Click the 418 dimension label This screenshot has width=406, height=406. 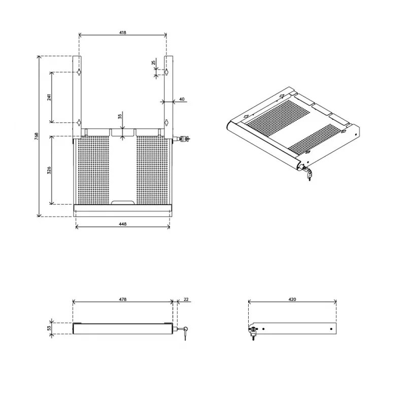[x=123, y=32]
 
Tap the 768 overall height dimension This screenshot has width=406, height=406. [x=37, y=136]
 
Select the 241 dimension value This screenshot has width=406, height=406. [x=49, y=97]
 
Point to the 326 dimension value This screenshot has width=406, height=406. [x=49, y=170]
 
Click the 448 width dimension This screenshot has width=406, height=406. [x=123, y=224]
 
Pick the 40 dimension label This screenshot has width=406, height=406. [x=182, y=99]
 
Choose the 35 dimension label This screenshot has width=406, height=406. [x=120, y=116]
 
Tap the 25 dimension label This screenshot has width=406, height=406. [x=154, y=62]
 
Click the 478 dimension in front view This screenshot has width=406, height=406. [x=123, y=299]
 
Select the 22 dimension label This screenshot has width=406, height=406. [x=186, y=299]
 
